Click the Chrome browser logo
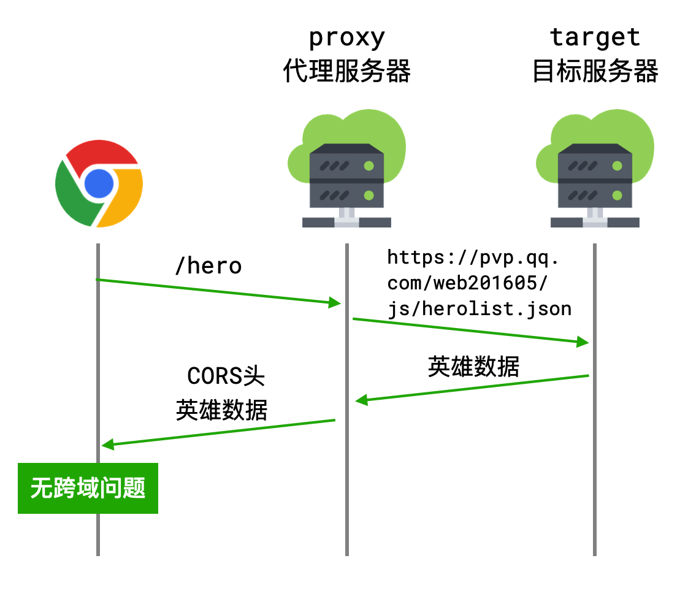(x=99, y=183)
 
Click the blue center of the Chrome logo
(x=99, y=183)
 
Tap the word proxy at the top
(x=346, y=39)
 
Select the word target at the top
(x=595, y=37)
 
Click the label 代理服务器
(x=346, y=72)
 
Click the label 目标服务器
(x=595, y=72)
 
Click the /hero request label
(x=208, y=266)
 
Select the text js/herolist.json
(x=480, y=308)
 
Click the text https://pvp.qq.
(x=473, y=257)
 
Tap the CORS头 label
(x=226, y=376)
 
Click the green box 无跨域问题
(x=88, y=488)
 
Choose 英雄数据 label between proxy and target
(x=473, y=367)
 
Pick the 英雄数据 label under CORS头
(x=221, y=410)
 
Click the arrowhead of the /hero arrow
(x=335, y=302)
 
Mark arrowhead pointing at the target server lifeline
(x=583, y=342)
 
